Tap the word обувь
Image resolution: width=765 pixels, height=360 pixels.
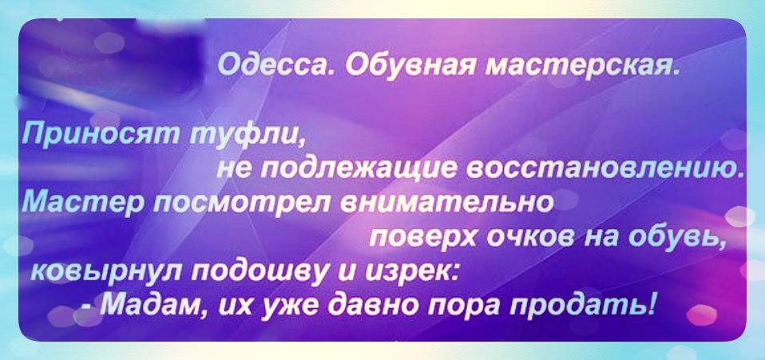(676, 238)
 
